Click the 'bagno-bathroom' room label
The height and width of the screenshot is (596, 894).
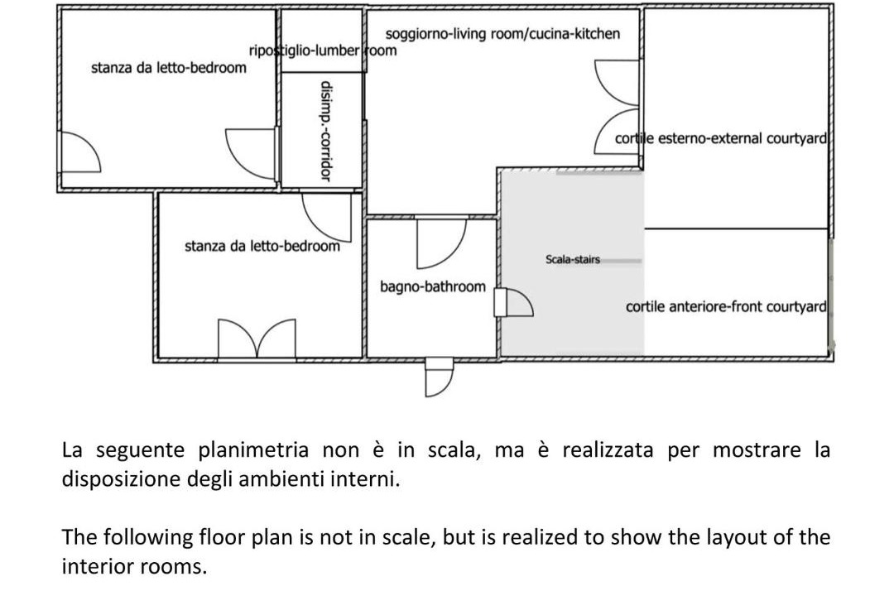(x=433, y=287)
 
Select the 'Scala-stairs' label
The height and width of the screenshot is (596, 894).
(x=572, y=260)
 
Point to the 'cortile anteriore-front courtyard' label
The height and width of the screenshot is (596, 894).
(x=726, y=307)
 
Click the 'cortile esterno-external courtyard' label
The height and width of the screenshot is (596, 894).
(x=721, y=138)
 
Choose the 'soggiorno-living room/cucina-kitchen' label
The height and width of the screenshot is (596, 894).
(x=502, y=34)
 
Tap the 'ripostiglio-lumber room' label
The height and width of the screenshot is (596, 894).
(x=323, y=50)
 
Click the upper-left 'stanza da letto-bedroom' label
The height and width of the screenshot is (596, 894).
(x=168, y=68)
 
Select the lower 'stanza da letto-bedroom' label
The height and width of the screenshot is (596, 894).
(x=262, y=246)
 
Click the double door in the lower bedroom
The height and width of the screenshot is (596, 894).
(x=257, y=338)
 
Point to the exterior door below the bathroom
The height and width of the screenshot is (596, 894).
(x=439, y=377)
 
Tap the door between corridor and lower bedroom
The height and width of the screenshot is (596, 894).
(x=327, y=214)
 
